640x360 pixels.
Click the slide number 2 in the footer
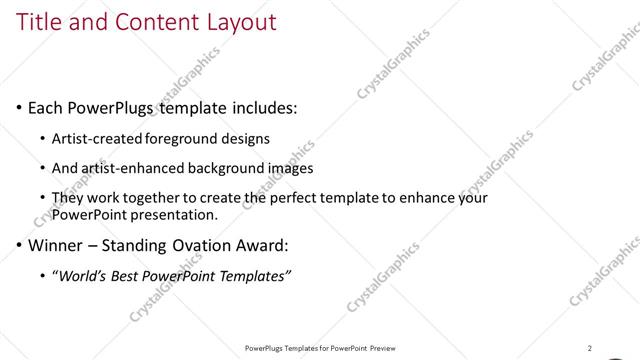pos(590,348)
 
